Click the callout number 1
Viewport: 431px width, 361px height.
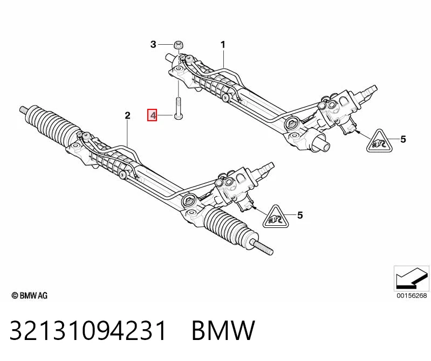223,45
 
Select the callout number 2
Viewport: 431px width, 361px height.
127,116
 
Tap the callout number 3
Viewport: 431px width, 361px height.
153,44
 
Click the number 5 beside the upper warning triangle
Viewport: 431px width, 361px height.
403,139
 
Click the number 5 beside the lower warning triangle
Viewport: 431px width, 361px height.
300,215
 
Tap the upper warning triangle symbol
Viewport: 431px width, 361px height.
381,142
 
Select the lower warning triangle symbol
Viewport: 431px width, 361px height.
276,218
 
